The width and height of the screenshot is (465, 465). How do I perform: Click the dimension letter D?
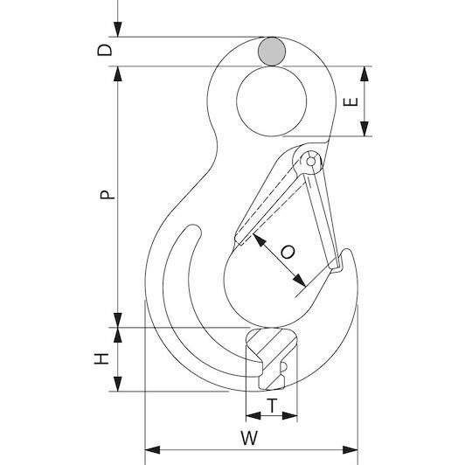[105, 50]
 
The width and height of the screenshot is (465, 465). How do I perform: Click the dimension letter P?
[107, 195]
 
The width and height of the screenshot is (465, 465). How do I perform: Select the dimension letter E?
[350, 101]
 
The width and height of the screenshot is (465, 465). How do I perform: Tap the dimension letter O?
[288, 252]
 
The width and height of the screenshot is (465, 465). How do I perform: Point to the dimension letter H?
[101, 358]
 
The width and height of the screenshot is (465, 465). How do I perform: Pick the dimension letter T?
[272, 406]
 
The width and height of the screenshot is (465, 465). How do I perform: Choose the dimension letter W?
[249, 438]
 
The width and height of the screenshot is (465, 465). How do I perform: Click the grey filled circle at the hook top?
[272, 52]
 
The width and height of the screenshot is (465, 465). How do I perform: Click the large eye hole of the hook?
[272, 101]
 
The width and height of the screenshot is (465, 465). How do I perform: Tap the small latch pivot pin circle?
[310, 162]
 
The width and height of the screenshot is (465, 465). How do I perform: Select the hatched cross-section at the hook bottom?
[270, 358]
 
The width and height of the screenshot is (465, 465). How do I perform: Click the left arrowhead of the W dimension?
[152, 449]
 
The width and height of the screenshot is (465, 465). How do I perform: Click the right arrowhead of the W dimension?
[350, 449]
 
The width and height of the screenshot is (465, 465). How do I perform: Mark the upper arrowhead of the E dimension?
[364, 73]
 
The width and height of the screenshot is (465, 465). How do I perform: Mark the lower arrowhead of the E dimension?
[364, 128]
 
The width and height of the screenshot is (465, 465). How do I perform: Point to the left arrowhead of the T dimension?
[253, 415]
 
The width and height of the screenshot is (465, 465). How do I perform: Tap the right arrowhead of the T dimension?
[289, 415]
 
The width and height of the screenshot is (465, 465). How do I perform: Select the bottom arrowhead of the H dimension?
[118, 384]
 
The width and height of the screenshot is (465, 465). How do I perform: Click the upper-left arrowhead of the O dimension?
[260, 240]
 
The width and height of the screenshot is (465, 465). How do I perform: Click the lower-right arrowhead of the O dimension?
[299, 281]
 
